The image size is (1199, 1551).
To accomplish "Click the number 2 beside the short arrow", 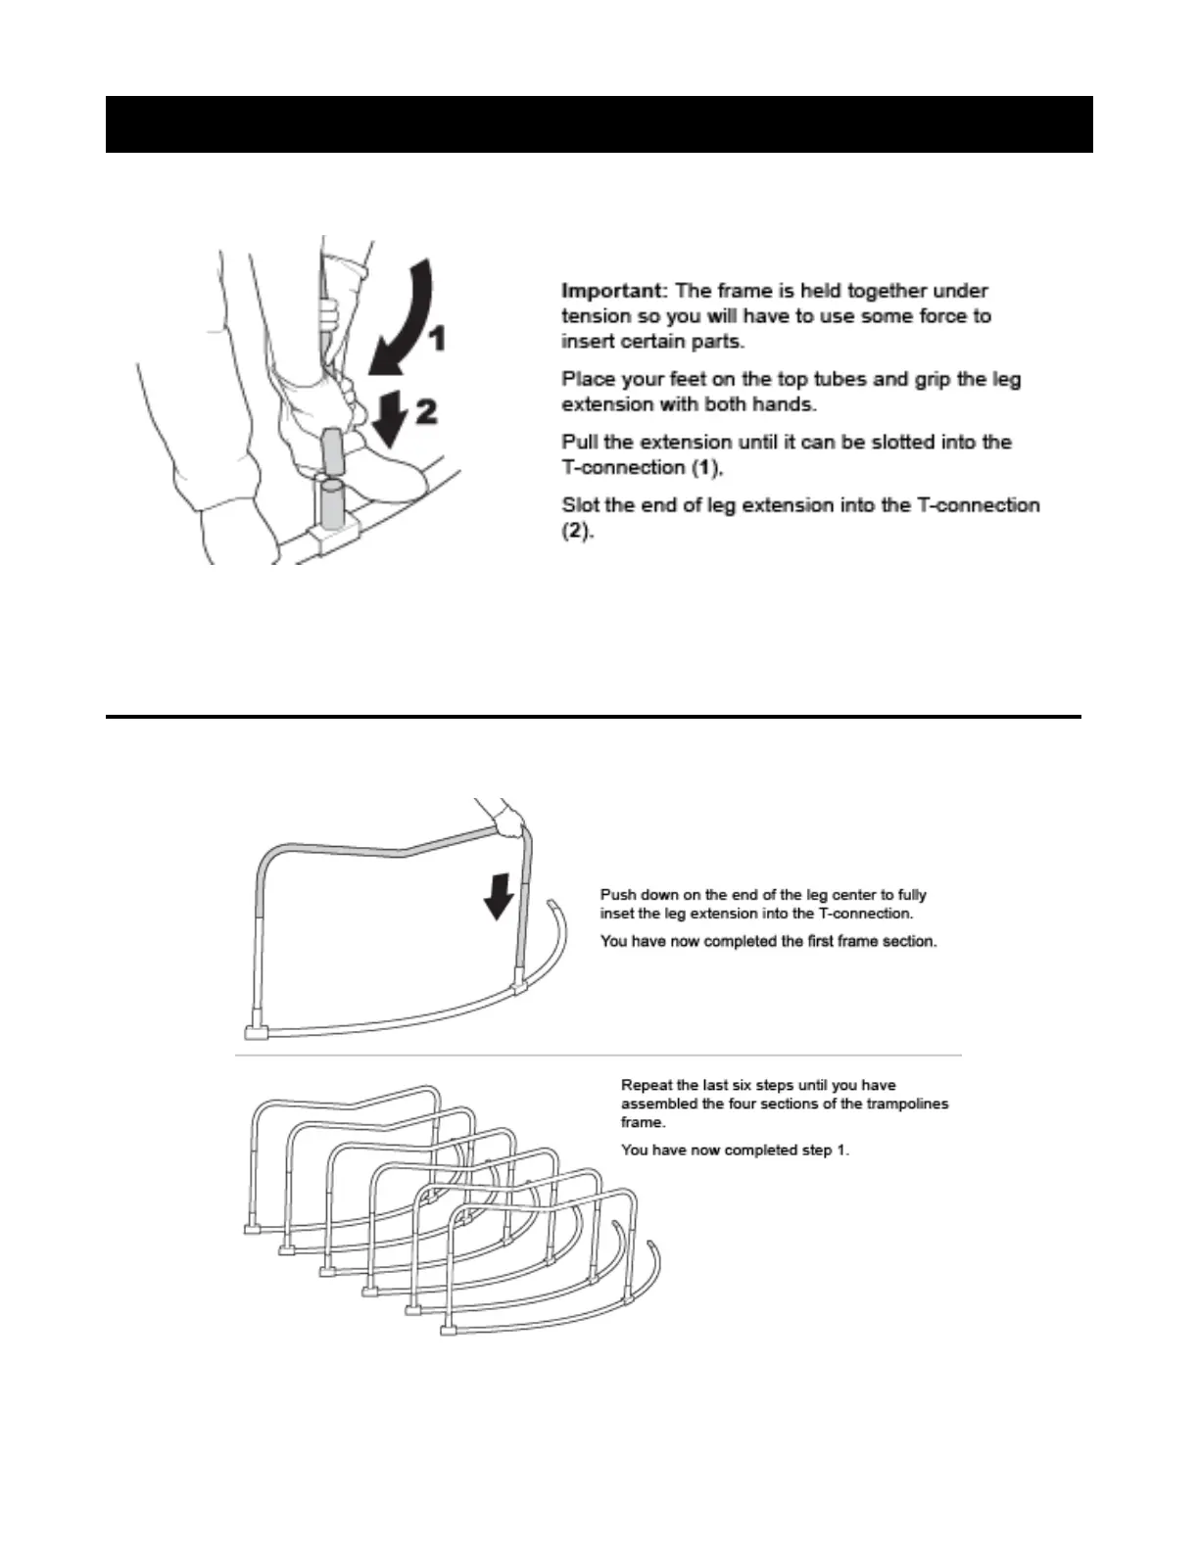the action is pos(426,412).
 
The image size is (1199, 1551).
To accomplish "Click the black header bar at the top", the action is pos(599,124).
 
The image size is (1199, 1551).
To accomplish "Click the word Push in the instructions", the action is pos(618,895).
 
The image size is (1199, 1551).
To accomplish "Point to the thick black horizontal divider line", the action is pos(593,717).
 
